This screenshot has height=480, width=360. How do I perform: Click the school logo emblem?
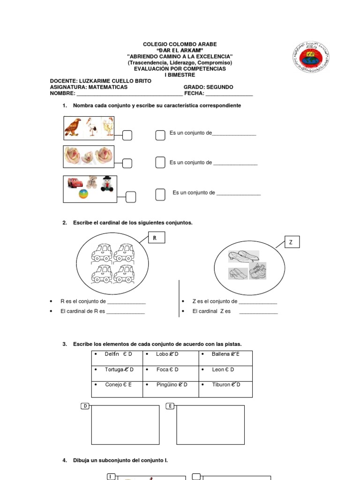(x=311, y=57)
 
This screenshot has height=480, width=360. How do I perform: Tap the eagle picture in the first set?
(x=73, y=127)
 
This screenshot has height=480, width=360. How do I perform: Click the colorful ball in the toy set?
(x=82, y=195)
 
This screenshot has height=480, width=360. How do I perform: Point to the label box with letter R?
(x=157, y=238)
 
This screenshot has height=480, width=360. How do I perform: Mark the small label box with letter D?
(x=85, y=406)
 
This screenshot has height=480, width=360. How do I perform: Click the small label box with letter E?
(x=171, y=406)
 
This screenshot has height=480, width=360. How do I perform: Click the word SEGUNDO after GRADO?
(x=219, y=87)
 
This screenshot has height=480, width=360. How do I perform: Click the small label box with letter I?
(x=111, y=477)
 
